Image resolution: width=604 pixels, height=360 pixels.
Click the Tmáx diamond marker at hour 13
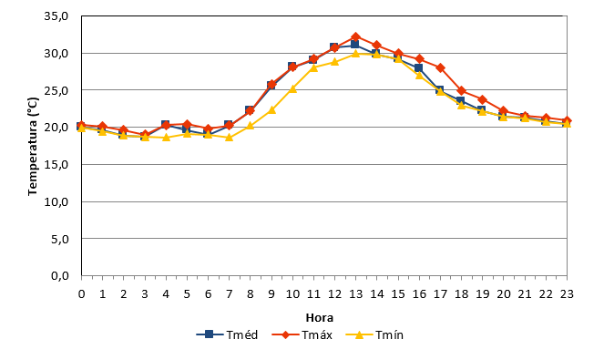(355, 37)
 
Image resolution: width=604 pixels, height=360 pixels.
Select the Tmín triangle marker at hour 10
(292, 89)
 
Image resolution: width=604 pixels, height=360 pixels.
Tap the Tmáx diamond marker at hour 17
(440, 67)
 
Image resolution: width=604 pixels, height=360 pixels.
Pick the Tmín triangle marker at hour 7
(230, 138)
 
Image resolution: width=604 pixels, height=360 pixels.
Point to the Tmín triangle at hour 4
(166, 138)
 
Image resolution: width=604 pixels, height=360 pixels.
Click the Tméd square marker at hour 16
(419, 67)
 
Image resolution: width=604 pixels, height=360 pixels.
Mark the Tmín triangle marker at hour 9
(271, 110)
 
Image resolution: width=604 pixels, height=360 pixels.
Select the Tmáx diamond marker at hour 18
(461, 91)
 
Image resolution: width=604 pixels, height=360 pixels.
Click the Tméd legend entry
(227, 334)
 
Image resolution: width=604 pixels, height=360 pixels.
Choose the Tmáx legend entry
(302, 334)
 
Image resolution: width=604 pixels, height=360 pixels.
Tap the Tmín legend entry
(374, 334)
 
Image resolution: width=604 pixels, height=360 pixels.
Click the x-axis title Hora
(320, 317)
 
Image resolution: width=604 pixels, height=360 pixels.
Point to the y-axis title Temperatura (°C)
(33, 146)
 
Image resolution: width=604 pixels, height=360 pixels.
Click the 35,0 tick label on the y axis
(56, 16)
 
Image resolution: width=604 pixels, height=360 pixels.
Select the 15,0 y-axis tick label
(56, 165)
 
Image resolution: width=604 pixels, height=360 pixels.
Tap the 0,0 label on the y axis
(60, 276)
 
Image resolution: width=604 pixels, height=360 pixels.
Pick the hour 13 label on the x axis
(355, 294)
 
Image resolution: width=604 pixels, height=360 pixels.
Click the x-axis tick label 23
(567, 294)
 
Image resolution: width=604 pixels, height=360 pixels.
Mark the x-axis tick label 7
(230, 294)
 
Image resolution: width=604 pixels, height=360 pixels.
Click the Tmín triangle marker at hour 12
(334, 62)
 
